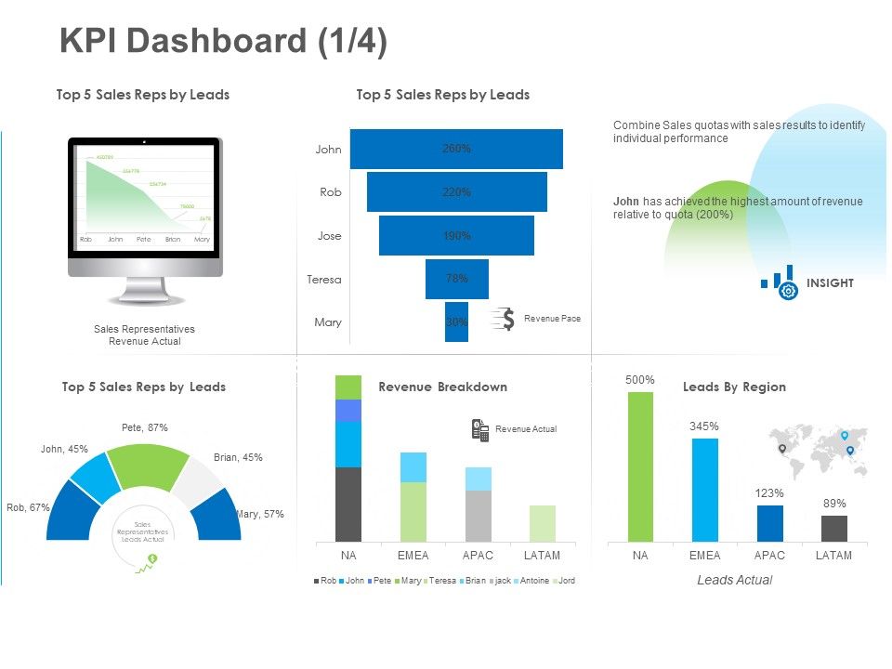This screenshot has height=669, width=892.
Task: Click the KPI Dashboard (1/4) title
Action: (x=223, y=42)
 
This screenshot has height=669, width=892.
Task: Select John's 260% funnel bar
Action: (x=456, y=149)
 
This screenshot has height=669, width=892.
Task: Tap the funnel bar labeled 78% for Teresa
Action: (x=456, y=279)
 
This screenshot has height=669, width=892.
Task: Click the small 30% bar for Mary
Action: (x=456, y=322)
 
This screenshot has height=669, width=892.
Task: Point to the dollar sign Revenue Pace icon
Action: (x=505, y=319)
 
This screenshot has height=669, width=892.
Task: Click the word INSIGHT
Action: (x=830, y=283)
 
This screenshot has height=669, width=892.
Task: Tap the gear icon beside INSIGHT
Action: (x=789, y=291)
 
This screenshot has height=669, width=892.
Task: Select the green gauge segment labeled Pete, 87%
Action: (x=146, y=465)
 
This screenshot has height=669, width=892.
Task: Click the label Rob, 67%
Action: (x=28, y=507)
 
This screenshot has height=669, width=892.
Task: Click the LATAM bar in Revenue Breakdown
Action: (x=543, y=524)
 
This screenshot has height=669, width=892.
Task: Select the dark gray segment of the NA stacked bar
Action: (x=348, y=505)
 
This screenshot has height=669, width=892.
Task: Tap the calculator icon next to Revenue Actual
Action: (x=480, y=429)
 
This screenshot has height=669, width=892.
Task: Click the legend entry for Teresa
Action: (x=441, y=581)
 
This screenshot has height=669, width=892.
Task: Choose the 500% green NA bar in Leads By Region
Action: (x=640, y=466)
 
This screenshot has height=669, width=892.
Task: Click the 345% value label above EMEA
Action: (x=704, y=426)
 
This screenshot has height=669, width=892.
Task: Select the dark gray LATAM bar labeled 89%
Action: (x=834, y=529)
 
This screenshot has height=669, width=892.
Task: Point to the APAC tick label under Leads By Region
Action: (x=769, y=556)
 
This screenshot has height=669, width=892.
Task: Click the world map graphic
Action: (x=818, y=451)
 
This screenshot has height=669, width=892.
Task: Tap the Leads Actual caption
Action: (x=734, y=580)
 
